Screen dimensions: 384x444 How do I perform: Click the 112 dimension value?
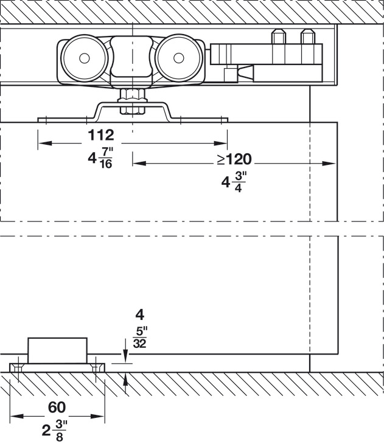100,134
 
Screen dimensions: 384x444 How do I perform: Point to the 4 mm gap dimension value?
139,316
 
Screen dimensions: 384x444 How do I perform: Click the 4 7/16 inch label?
100,159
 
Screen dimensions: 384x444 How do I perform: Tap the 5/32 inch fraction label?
139,338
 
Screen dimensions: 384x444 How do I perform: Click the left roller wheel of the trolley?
83,58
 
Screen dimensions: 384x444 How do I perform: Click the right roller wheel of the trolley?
178,58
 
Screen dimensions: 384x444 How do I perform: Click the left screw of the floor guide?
19,369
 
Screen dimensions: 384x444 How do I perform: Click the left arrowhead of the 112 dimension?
41,144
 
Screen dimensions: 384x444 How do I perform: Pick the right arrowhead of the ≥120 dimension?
333,163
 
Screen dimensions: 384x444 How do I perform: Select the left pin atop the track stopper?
279,37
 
